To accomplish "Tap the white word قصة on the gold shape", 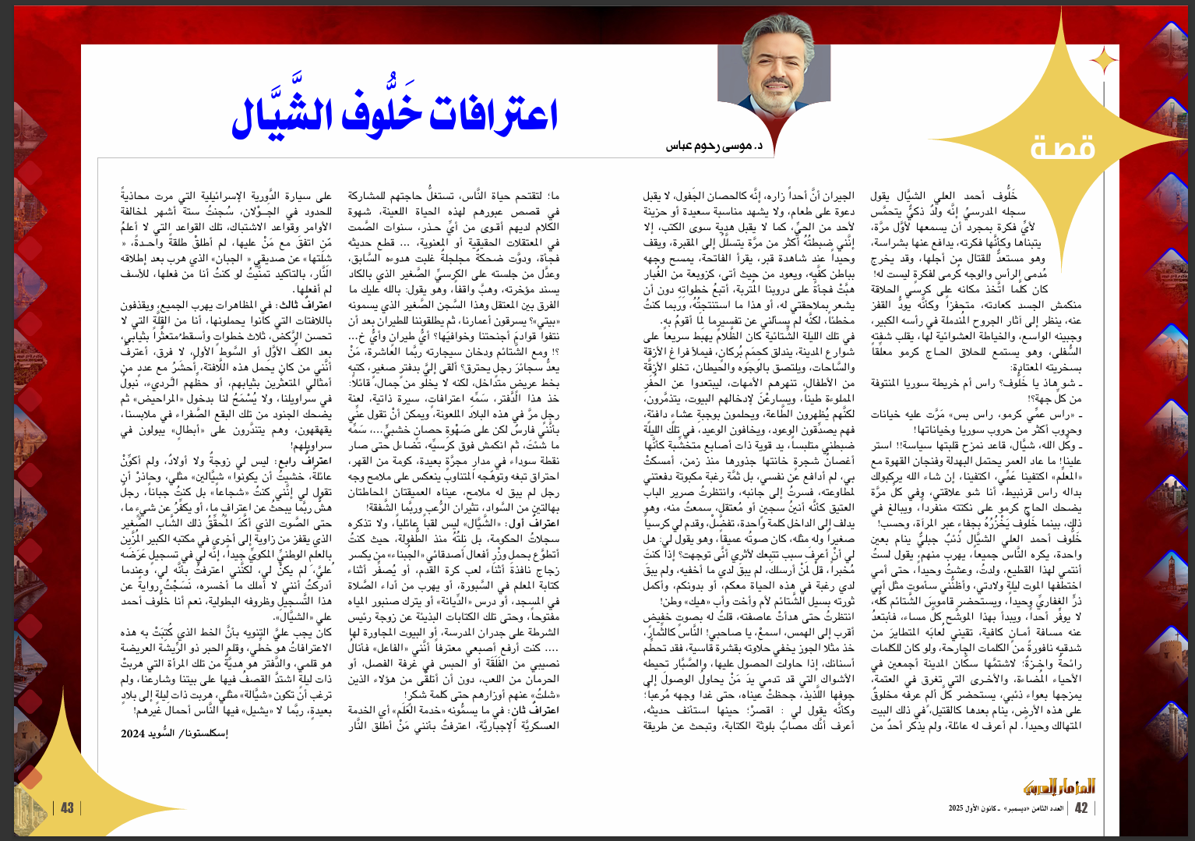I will (1063, 147).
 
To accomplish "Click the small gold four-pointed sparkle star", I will (1103, 60).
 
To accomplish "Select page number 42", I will (1080, 808).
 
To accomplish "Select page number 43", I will (68, 808).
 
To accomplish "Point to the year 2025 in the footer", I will (956, 809).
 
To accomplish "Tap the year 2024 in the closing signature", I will (133, 733).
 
